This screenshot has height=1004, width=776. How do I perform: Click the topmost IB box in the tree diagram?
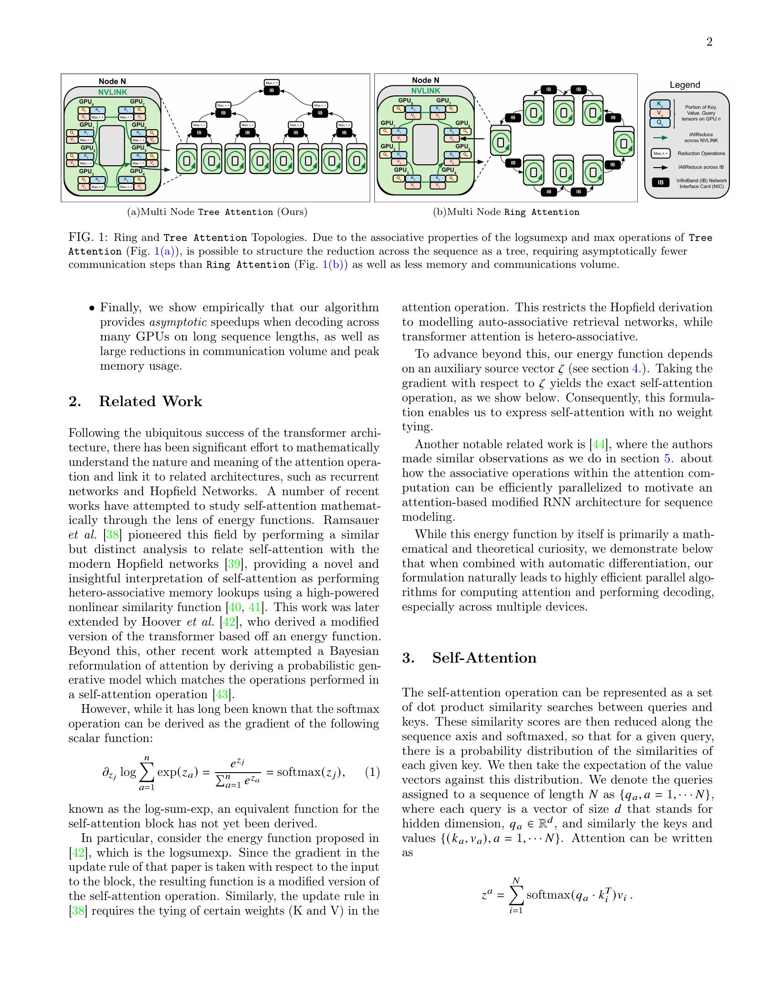pos(271,91)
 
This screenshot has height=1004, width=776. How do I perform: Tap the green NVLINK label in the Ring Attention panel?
pos(425,91)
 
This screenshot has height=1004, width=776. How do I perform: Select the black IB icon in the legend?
pos(661,183)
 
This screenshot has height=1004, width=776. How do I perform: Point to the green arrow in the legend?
pos(660,137)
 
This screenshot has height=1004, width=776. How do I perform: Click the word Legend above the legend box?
pos(685,85)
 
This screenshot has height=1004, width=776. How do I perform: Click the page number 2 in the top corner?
pos(709,42)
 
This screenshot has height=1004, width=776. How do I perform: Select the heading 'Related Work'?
pos(150,401)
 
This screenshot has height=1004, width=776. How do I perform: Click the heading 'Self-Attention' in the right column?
pos(484,658)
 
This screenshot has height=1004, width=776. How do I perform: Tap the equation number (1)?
pos(372,772)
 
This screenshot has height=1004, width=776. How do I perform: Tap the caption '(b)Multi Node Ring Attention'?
pos(506,212)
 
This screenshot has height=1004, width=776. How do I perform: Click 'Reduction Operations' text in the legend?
pos(701,153)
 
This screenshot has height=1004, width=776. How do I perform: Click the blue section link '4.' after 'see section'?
pos(642,369)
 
